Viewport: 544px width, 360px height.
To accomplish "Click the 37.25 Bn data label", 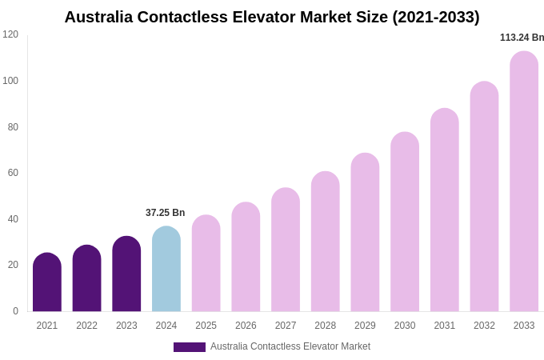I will coord(165,213).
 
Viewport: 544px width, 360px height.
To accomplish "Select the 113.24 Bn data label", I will coord(522,38).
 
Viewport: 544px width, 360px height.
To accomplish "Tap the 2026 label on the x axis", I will coord(246,326).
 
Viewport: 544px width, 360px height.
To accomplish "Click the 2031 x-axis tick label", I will coord(445,326).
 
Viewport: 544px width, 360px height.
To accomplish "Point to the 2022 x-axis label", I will coord(86,326).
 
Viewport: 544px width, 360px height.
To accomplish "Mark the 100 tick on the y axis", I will coord(10,81).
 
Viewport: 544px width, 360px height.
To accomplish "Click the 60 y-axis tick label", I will coord(13,173).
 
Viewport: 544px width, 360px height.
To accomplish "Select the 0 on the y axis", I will coord(15,311).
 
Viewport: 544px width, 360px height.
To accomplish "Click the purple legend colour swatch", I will coord(190,347).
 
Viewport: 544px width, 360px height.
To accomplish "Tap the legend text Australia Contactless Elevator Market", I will coord(290,346).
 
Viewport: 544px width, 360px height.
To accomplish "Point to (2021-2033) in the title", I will coord(435,17).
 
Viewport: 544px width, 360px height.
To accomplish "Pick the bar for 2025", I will coord(206,263).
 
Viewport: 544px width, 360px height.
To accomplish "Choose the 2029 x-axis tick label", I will coord(365,326).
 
